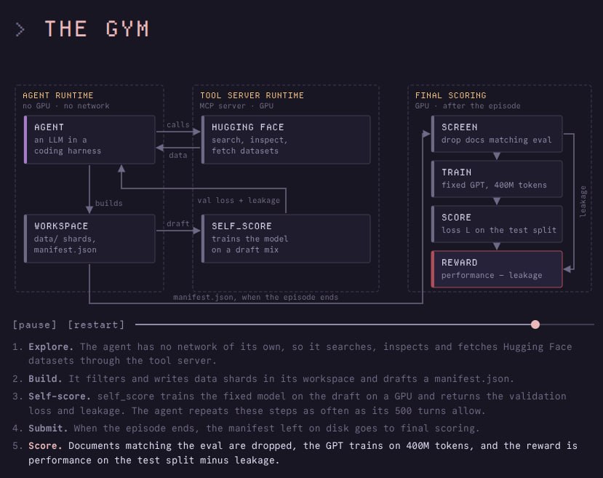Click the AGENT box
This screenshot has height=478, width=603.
coord(89,140)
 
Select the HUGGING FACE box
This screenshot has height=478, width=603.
coord(286,140)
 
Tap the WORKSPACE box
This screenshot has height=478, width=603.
coord(89,239)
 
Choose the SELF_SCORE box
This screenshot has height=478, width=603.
coord(286,239)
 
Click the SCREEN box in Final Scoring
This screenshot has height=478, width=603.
coord(497,133)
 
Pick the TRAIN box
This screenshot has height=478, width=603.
coord(497,179)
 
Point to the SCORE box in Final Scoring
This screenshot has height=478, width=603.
coord(497,224)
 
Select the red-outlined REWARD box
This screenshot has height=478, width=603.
coord(497,269)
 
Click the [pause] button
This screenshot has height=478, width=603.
coord(35,325)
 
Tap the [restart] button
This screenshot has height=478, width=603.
coord(96,325)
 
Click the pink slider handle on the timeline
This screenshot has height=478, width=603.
coord(535,324)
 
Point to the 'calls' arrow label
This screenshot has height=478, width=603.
coord(178,124)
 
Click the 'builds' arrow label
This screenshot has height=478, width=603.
coord(109,203)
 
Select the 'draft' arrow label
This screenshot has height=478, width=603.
coord(178,223)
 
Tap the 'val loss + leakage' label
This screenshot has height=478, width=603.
coord(239,200)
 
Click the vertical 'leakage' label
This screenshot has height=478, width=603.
coord(583,202)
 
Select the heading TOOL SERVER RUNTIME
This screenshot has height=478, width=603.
coord(252,95)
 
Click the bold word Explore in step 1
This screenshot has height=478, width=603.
coord(51,347)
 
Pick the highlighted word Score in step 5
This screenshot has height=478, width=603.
coord(45,446)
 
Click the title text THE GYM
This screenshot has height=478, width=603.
coord(97,29)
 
